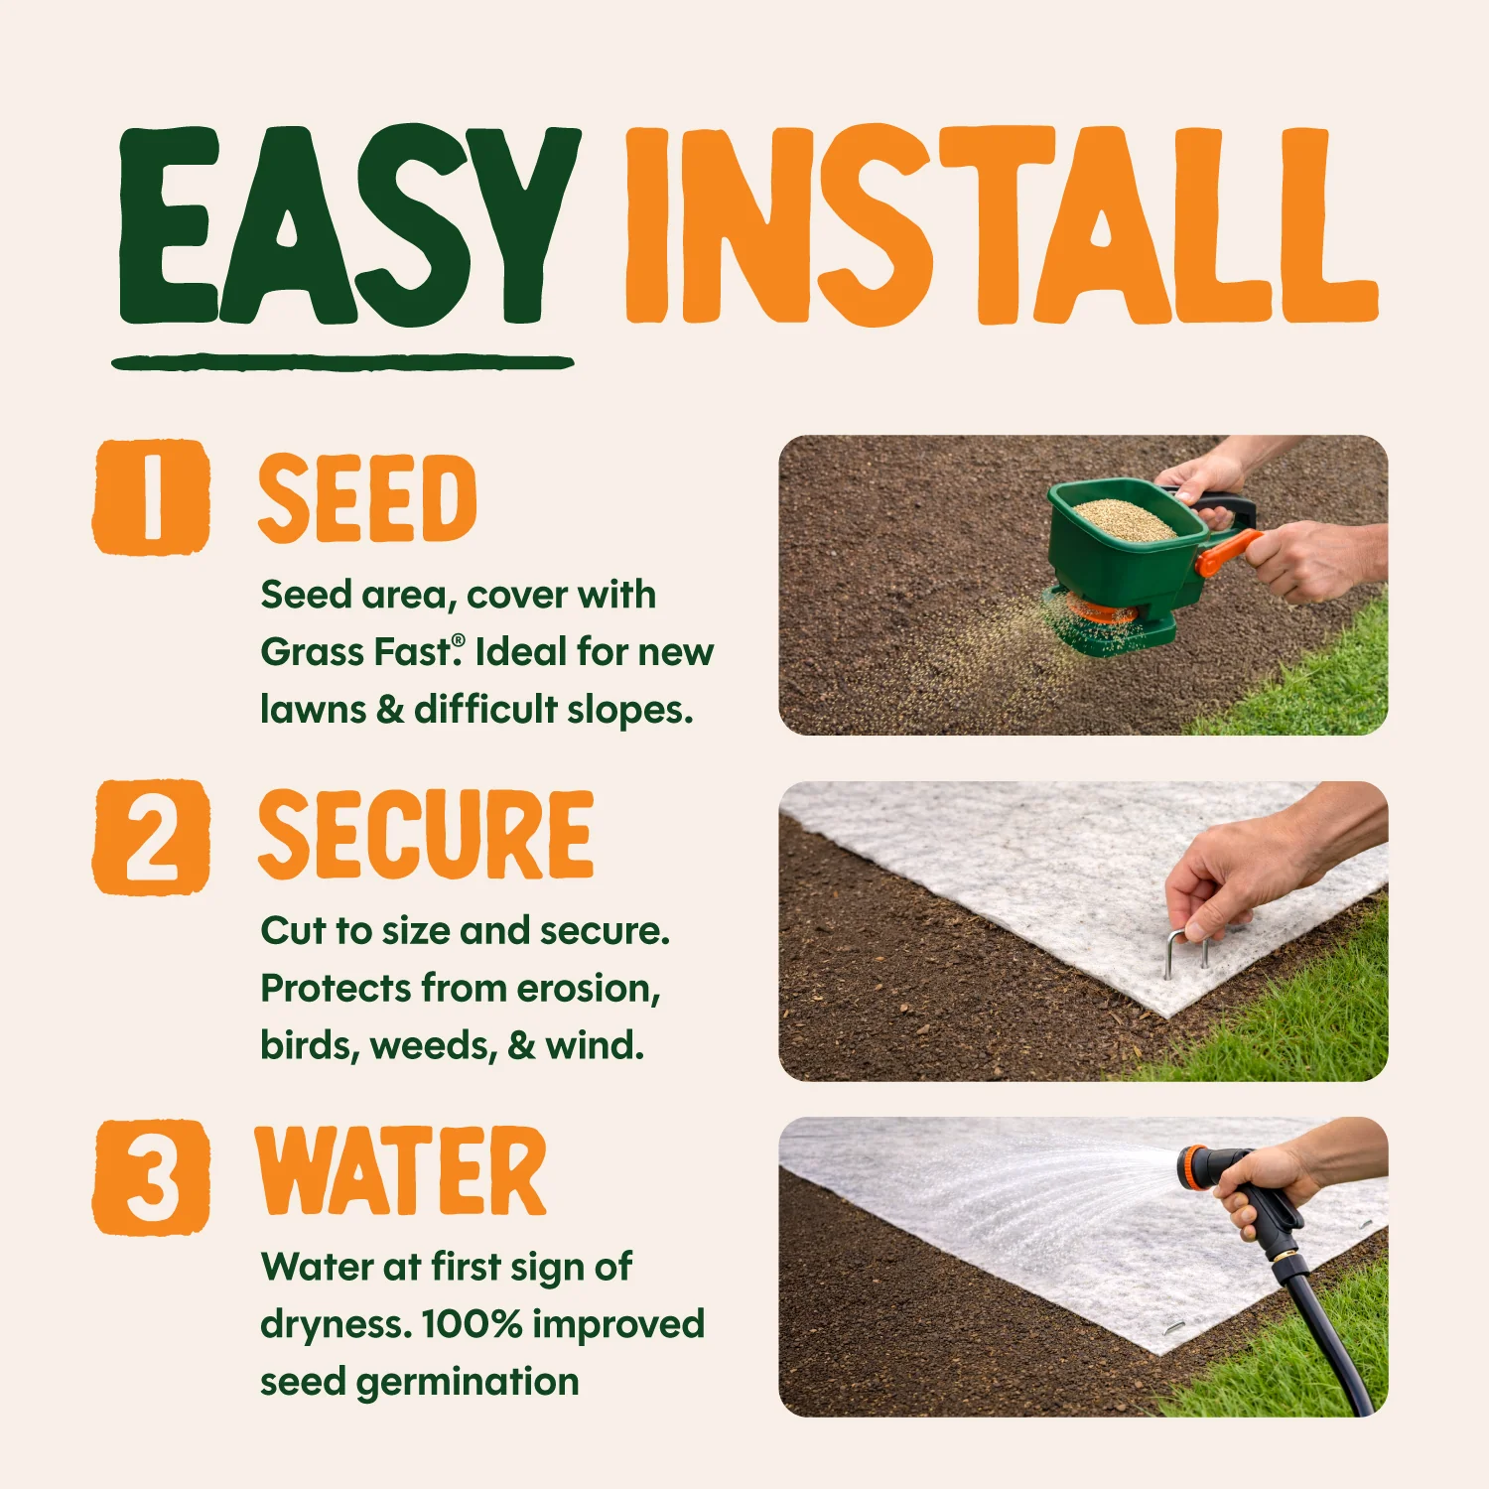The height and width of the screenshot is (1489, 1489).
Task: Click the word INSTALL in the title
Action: [1002, 226]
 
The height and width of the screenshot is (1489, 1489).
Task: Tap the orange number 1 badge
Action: [152, 496]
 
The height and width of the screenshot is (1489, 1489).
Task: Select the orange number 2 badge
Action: [152, 836]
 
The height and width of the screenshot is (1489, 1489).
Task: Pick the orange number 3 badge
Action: [152, 1177]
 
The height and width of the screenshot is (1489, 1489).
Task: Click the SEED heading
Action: [367, 498]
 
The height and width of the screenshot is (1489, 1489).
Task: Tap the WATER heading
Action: [401, 1171]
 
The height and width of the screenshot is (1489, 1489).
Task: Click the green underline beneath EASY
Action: [343, 362]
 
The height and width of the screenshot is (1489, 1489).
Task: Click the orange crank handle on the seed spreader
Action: [1227, 552]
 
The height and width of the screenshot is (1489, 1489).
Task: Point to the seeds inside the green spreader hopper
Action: [1124, 518]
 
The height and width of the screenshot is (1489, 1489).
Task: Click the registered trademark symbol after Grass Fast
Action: [458, 640]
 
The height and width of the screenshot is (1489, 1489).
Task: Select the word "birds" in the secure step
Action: [310, 1046]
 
